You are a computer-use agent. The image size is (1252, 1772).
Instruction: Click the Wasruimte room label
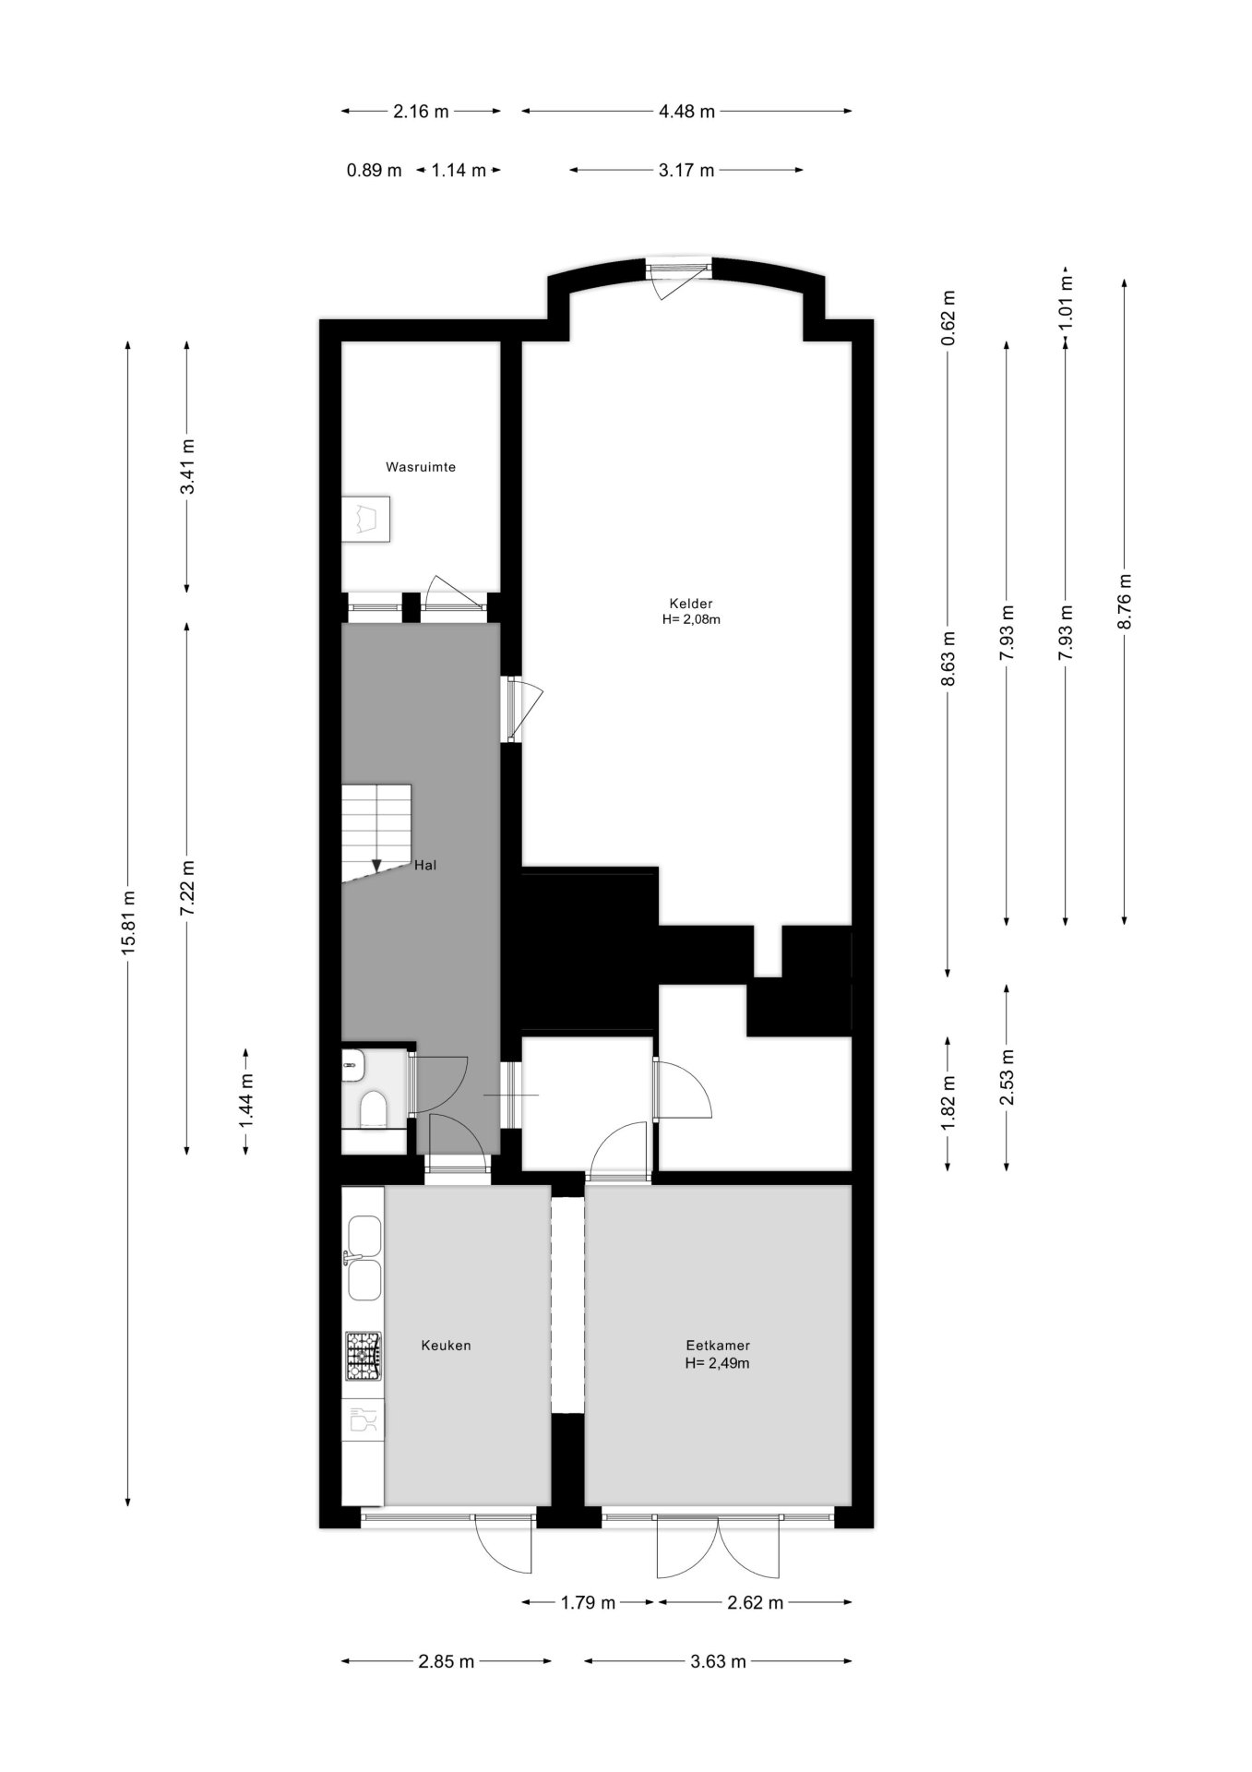(x=420, y=467)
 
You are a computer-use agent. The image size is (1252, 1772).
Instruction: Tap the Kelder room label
(x=691, y=604)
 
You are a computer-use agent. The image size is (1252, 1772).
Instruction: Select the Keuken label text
(x=446, y=1345)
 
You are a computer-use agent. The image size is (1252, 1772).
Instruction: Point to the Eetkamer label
(x=717, y=1346)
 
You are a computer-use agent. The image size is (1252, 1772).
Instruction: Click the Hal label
(x=425, y=866)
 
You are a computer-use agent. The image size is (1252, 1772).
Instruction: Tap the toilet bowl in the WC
(x=374, y=1108)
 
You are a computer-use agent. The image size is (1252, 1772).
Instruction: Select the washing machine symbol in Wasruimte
(x=366, y=520)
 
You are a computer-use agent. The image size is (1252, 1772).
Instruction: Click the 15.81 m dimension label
(x=128, y=923)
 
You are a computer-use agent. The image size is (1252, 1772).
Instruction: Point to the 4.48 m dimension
(x=686, y=112)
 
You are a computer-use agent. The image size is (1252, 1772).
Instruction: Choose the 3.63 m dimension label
(x=717, y=1662)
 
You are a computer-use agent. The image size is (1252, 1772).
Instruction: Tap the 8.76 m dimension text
(x=1124, y=602)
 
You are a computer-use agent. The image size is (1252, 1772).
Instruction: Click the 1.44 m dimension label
(x=246, y=1100)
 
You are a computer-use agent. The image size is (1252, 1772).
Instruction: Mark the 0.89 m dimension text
(x=374, y=170)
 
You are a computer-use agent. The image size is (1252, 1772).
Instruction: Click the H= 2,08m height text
(x=691, y=619)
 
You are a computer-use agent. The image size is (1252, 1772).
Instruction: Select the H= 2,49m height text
(x=717, y=1362)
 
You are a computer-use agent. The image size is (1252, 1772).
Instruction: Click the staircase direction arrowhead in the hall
(x=376, y=866)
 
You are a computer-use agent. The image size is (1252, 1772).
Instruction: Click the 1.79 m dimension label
(x=588, y=1603)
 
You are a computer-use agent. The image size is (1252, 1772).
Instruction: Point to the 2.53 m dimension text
(x=1007, y=1077)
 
